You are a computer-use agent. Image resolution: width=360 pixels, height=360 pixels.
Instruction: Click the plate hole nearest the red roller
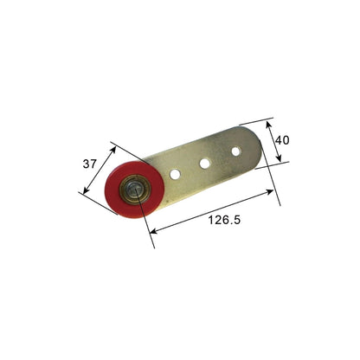175,174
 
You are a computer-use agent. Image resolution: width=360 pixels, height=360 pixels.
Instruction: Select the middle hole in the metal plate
206,162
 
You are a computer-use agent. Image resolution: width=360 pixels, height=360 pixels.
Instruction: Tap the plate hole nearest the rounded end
235,151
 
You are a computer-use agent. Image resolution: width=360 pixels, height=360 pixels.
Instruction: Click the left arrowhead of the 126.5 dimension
151,231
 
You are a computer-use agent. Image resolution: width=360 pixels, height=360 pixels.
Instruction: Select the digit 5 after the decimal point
236,221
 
